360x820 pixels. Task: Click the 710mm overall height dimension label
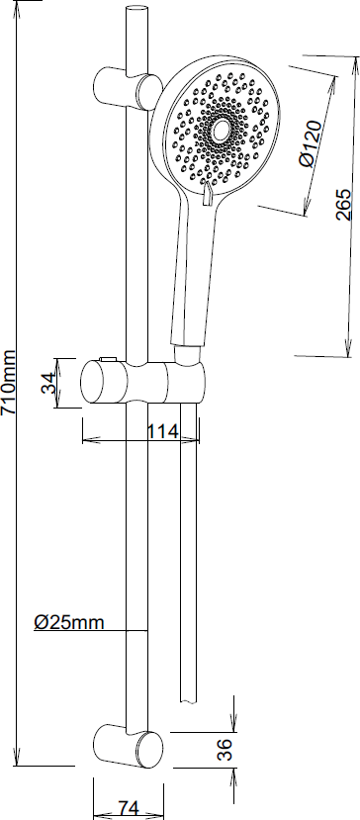[x=9, y=382]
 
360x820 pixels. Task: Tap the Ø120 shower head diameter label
[x=312, y=143]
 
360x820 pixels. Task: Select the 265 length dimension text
[x=343, y=205]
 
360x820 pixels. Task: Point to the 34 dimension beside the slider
[x=48, y=383]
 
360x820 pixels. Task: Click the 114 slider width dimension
[x=162, y=431]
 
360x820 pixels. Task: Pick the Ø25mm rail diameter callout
[x=69, y=622]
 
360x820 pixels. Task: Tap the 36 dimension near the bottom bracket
[x=224, y=750]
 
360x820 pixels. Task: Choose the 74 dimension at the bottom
[x=129, y=808]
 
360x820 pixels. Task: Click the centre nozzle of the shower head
[x=221, y=132]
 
